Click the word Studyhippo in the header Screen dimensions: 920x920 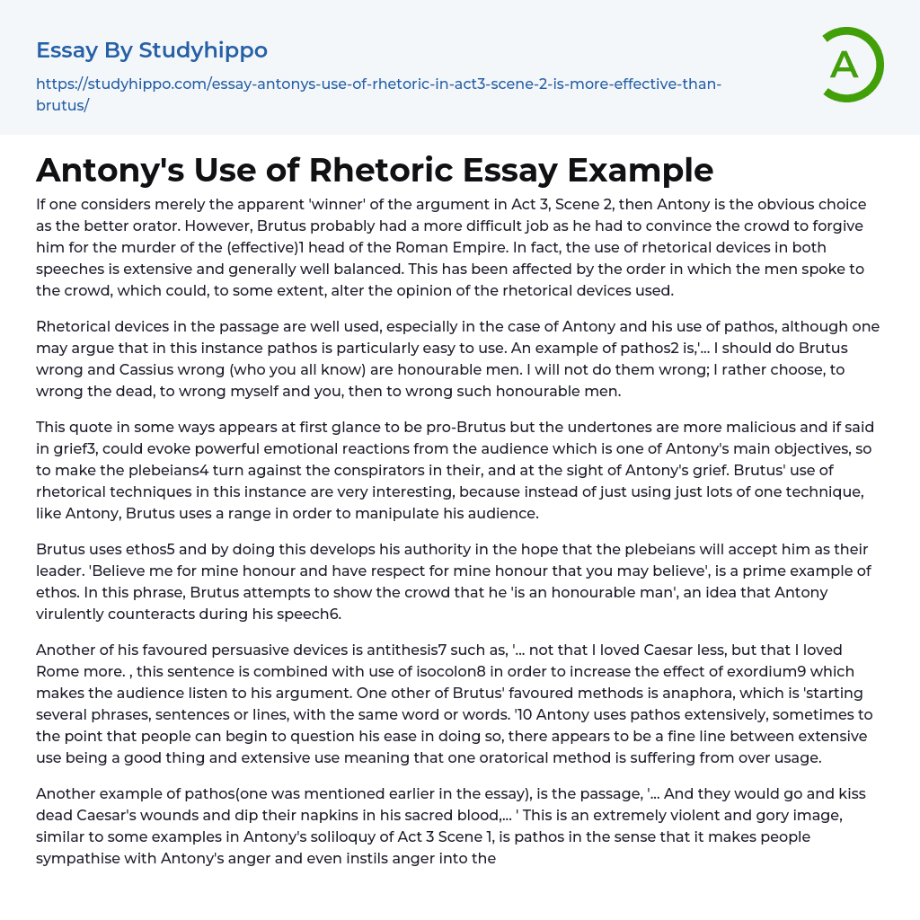pos(203,50)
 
